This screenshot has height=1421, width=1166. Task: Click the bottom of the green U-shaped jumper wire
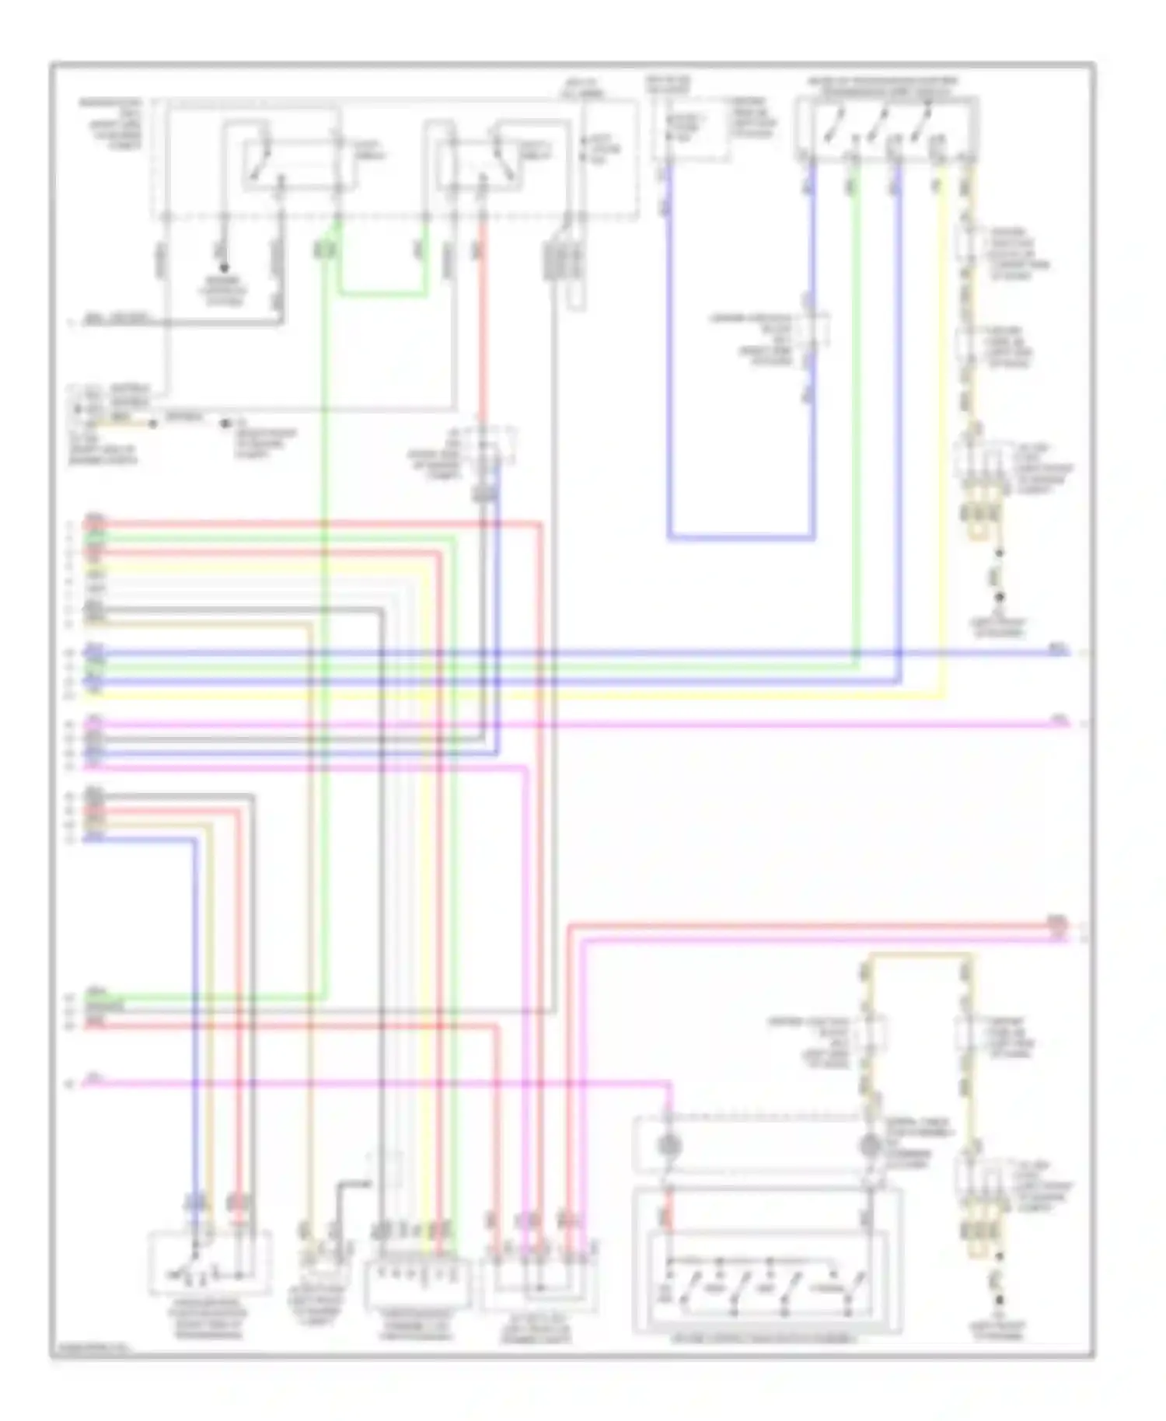point(382,295)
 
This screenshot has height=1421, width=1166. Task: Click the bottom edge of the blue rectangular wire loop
point(741,537)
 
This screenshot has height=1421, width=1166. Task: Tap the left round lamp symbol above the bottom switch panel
point(667,1145)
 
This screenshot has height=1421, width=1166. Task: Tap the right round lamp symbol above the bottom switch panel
point(869,1145)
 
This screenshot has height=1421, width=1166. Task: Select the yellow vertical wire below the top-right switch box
point(944,428)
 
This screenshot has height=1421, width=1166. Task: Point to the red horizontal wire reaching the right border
point(816,925)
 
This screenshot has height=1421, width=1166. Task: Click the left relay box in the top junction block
point(299,163)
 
